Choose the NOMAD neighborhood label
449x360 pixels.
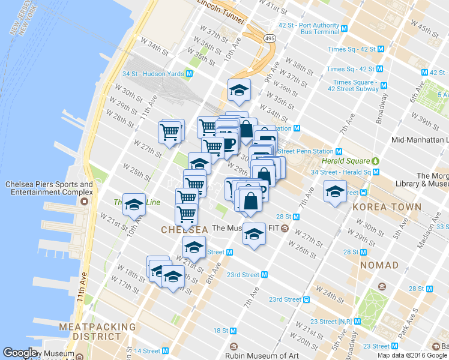tap(379, 265)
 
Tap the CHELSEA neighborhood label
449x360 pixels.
tap(184, 230)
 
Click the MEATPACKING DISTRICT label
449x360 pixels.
tap(97, 331)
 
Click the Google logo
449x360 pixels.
tap(20, 353)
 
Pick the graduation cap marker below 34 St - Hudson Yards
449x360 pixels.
tap(239, 91)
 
